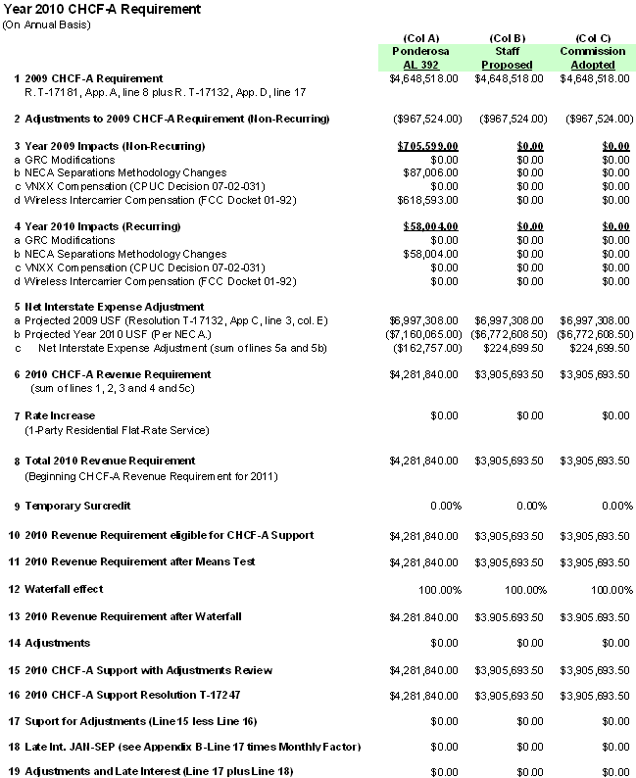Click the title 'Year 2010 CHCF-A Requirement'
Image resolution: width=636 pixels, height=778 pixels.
pyautogui.click(x=103, y=9)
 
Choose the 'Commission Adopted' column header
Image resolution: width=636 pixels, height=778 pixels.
pyautogui.click(x=593, y=58)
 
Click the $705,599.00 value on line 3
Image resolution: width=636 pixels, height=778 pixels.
pyautogui.click(x=429, y=146)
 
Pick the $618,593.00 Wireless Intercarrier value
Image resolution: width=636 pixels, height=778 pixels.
pyautogui.click(x=432, y=201)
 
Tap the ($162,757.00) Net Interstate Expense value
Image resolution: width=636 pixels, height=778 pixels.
pyautogui.click(x=426, y=348)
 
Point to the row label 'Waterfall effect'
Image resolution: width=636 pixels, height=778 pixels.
pyautogui.click(x=64, y=589)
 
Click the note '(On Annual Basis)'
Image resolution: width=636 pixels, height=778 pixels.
pyautogui.click(x=48, y=24)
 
